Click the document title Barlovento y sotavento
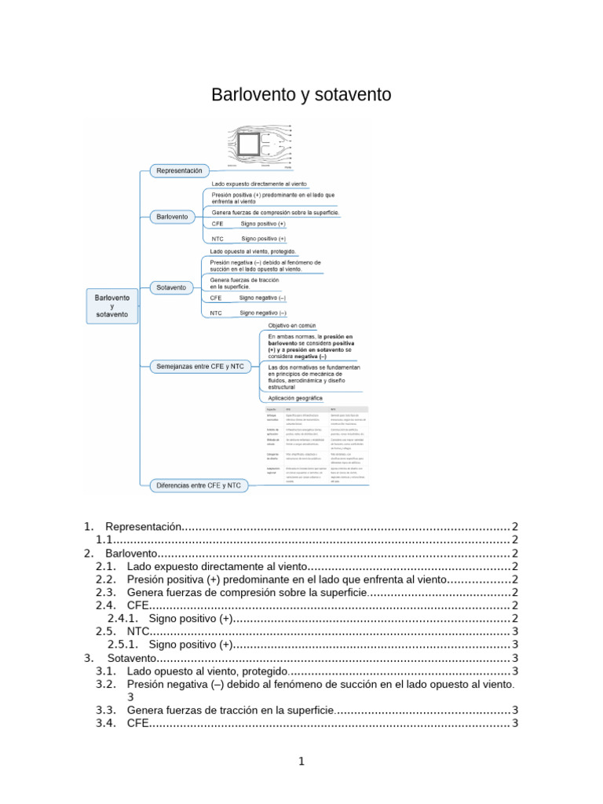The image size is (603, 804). coord(301,95)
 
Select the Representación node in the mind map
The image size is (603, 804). coord(179,170)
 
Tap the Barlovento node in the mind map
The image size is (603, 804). coord(172,216)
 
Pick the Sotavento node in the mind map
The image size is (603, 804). coord(171,287)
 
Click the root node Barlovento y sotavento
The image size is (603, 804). coord(112,305)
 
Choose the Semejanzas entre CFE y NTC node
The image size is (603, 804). coord(199,366)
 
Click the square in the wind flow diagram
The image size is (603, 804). coord(250,145)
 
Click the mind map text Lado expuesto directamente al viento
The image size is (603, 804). coord(259,184)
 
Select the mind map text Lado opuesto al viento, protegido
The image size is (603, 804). coord(258,251)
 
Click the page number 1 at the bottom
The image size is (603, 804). coord(301,761)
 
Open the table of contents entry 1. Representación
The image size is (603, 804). coord(144,526)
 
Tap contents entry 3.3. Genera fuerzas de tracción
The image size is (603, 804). coord(230,710)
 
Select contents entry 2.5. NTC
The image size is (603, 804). coord(137,631)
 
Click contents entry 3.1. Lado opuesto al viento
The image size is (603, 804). coord(207,671)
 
